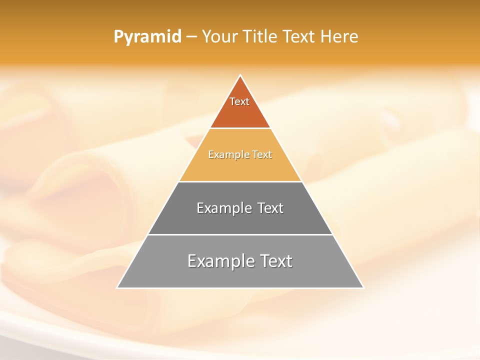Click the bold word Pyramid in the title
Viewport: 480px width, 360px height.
(147, 37)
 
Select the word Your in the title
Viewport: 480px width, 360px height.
(219, 37)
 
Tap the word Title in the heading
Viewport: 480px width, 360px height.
(260, 37)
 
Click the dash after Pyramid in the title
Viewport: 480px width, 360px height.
(191, 37)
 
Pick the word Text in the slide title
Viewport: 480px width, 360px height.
(299, 37)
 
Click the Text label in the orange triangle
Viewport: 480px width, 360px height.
(239, 101)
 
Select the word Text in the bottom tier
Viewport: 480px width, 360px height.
(274, 261)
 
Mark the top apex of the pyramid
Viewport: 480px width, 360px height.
(240, 75)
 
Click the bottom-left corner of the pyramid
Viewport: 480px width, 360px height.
(117, 287)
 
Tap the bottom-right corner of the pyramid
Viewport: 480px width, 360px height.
(363, 287)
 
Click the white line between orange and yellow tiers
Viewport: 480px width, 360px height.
(240, 128)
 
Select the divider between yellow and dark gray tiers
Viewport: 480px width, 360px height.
(240, 181)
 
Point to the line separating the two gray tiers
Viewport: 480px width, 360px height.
(240, 234)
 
